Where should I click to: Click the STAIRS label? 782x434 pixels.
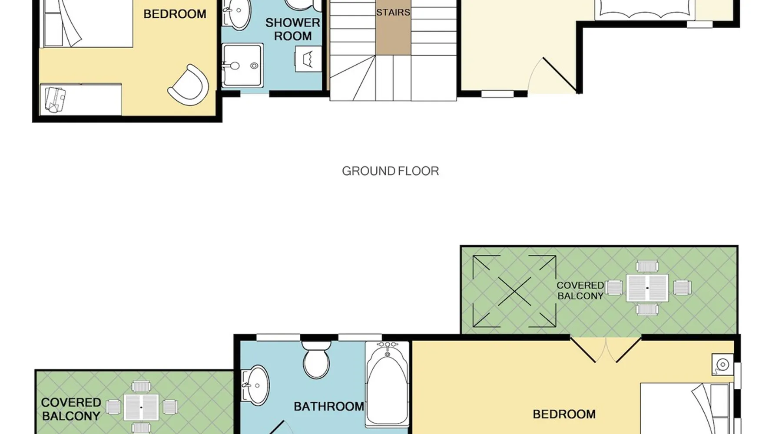[x=393, y=13]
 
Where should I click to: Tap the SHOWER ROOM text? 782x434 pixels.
[x=293, y=29]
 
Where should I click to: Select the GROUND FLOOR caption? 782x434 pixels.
[x=391, y=171]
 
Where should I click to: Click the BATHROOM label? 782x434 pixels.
[x=329, y=407]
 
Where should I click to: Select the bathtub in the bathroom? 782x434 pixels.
[x=387, y=384]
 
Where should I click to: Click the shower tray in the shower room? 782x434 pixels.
[x=242, y=65]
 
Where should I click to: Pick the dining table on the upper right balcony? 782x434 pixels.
[x=647, y=288]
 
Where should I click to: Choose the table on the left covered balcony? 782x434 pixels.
[x=141, y=408]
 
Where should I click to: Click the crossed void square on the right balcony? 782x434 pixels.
[x=514, y=291]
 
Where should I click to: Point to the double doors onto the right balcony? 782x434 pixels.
[x=606, y=350]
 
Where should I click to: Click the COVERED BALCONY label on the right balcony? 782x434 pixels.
[x=580, y=291]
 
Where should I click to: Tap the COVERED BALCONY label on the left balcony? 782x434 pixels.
[x=71, y=409]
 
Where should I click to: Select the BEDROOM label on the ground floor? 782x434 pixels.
[x=175, y=14]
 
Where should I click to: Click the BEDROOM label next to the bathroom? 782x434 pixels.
[x=564, y=414]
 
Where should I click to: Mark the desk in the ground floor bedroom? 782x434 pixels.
[x=81, y=100]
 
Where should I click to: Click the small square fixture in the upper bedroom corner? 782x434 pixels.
[x=722, y=365]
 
